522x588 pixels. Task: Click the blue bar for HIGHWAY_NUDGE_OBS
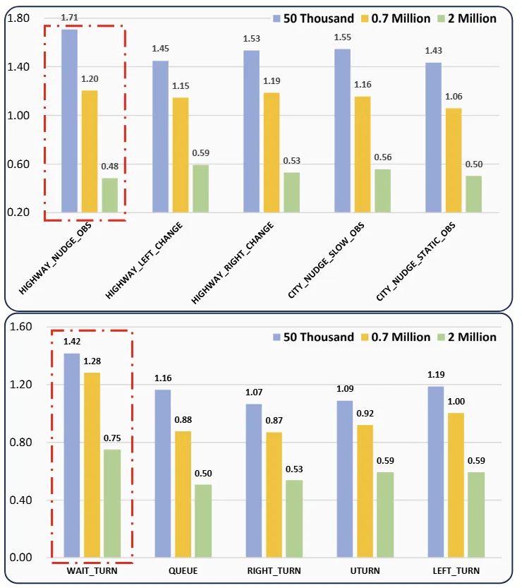point(69,120)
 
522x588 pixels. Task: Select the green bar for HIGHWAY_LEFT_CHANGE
point(201,188)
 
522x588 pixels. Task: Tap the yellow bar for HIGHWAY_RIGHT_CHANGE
point(272,152)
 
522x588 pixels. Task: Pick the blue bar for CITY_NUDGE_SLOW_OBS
point(342,131)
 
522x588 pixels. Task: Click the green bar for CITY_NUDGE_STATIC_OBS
point(473,193)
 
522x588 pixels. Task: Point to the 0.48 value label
point(110,167)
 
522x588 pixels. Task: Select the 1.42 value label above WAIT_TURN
point(72,341)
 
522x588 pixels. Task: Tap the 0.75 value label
point(112,438)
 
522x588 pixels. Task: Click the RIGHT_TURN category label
point(274,570)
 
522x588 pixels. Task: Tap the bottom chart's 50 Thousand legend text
point(318,337)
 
